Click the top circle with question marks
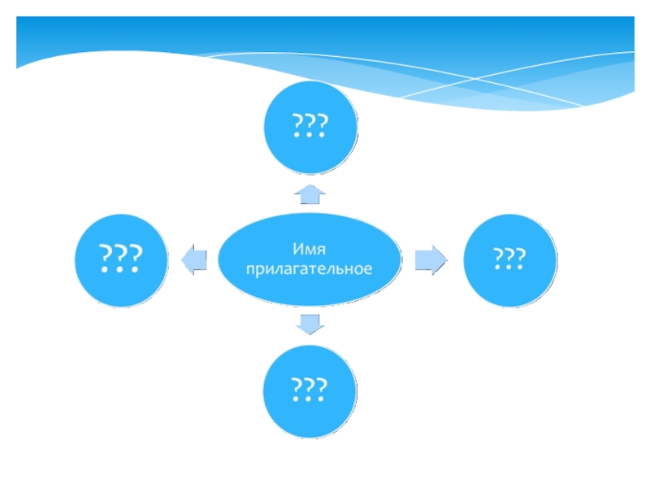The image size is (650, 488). (x=310, y=127)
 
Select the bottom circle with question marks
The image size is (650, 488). (x=310, y=391)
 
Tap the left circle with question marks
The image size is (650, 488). (x=121, y=259)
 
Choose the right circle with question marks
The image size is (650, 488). (x=509, y=259)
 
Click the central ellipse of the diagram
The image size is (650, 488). (x=310, y=258)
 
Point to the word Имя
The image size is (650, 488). (x=310, y=247)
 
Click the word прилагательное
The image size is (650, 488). (x=310, y=268)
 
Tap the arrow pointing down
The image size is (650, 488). (x=310, y=324)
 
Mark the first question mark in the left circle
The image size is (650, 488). (x=105, y=257)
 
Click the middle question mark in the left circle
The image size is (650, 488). (x=121, y=257)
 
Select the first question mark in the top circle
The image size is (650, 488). (x=298, y=125)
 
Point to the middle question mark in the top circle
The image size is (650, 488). (x=310, y=125)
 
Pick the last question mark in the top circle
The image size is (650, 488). (x=323, y=125)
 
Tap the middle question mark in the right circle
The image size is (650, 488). (x=509, y=259)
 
